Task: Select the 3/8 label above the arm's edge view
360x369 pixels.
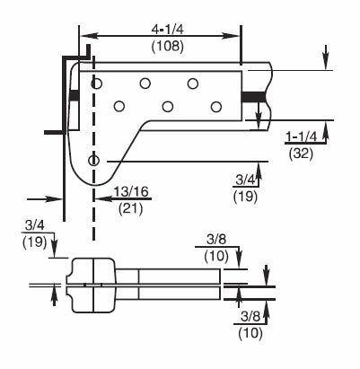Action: (x=216, y=240)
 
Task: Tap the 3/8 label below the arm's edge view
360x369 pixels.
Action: (x=250, y=318)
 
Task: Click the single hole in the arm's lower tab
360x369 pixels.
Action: (x=93, y=160)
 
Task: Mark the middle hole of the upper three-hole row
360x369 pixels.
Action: (x=144, y=83)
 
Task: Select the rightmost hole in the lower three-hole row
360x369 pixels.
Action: (x=215, y=107)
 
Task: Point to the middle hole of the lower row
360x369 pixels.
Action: (x=167, y=107)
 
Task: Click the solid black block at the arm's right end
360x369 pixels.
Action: (x=256, y=96)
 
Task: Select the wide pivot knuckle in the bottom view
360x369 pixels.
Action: (x=92, y=285)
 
